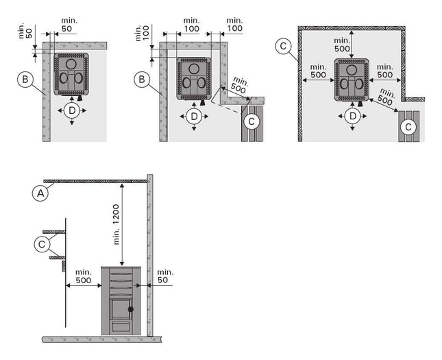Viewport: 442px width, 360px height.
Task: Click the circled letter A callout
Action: point(40,193)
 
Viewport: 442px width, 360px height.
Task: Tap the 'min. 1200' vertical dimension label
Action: point(116,225)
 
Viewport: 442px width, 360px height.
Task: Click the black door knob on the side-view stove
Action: point(130,309)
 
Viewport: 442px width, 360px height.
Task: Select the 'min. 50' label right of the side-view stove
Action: point(165,276)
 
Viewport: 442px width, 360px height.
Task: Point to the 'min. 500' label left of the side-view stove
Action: point(84,276)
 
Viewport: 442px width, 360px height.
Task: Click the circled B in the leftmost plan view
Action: point(25,80)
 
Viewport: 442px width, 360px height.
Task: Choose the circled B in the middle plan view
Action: point(142,80)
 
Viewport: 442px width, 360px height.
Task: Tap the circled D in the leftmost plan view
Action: point(72,110)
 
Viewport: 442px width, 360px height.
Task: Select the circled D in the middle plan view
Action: point(194,117)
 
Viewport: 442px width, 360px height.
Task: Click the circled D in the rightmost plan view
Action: point(353,116)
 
